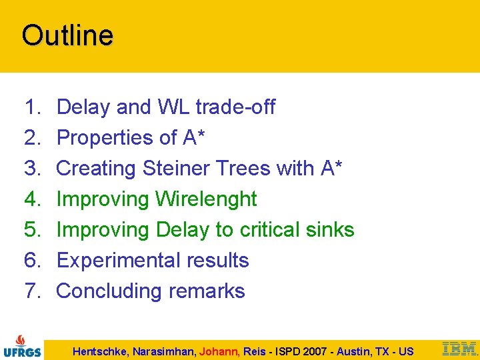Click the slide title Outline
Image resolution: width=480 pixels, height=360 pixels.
pos(67,35)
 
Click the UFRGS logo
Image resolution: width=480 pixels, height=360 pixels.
pos(21,345)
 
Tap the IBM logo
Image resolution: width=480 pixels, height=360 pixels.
pos(460,348)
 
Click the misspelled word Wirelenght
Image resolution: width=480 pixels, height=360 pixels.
pos(206,199)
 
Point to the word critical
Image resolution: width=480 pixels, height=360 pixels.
pos(273,229)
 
